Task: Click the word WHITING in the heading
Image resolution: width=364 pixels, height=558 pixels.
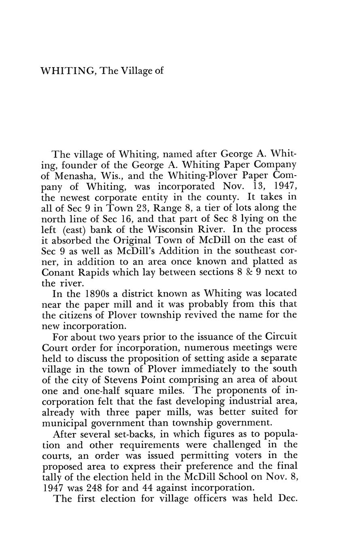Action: pos(67,71)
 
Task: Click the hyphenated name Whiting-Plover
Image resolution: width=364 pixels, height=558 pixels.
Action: pos(202,176)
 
